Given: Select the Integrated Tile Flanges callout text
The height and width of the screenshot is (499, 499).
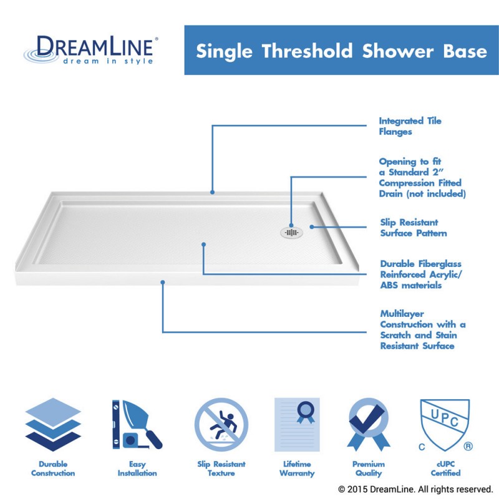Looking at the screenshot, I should (410, 126).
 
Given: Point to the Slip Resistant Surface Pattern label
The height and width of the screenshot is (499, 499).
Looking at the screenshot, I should (414, 228).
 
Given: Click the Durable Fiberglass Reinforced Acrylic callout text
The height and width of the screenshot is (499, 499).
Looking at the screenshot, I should (421, 274).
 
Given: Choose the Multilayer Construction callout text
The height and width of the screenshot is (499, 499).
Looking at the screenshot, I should (422, 330).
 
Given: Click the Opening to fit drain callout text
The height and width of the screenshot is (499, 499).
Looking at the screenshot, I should (422, 178).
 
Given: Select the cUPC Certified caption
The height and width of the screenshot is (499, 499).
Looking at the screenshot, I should (445, 468).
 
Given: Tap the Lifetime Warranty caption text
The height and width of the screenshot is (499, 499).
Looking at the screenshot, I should (297, 468).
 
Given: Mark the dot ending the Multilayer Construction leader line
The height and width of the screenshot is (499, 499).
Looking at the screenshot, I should (163, 282).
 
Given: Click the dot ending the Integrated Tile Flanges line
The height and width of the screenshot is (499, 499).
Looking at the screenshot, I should (213, 192).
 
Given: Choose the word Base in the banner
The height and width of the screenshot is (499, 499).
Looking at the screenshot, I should (465, 51).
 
